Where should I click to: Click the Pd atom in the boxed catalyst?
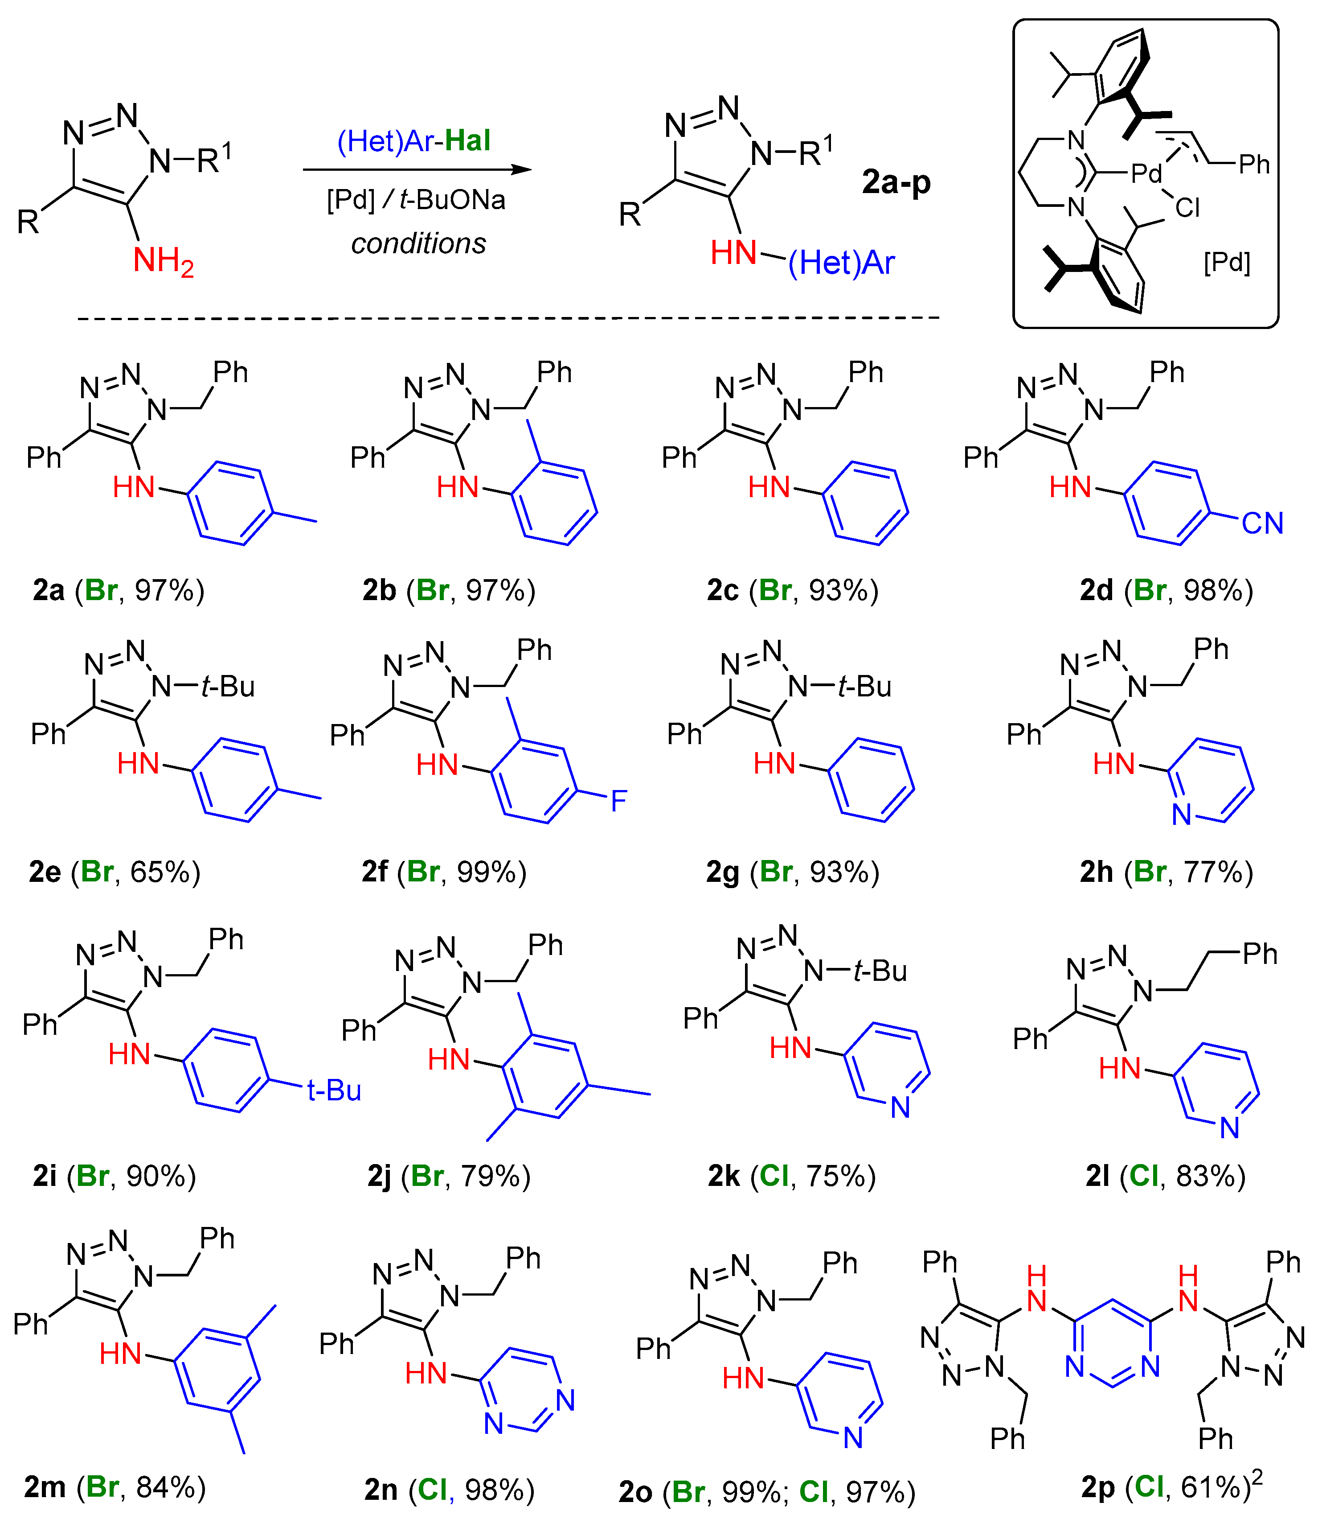click(1146, 173)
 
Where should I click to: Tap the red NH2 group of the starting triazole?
click(163, 261)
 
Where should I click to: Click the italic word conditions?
click(418, 243)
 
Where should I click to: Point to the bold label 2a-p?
click(896, 182)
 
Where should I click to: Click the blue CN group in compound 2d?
click(1262, 523)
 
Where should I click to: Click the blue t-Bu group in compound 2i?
click(334, 1091)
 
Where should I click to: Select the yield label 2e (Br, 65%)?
click(115, 872)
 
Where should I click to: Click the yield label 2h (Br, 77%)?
click(1166, 872)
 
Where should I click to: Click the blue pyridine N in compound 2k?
click(900, 1107)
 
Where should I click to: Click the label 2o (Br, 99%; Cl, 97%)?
click(767, 1492)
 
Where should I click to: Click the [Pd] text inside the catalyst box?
click(1227, 262)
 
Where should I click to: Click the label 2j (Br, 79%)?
click(449, 1176)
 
